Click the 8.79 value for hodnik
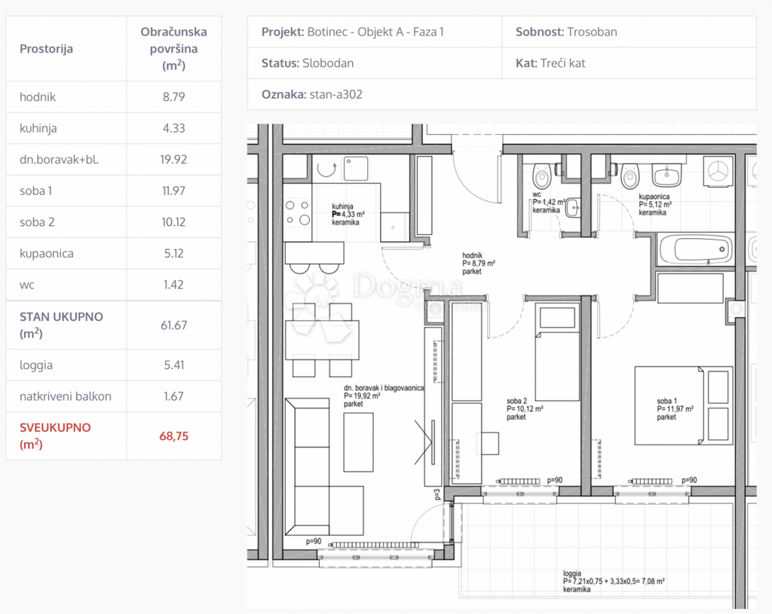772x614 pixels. pos(174,97)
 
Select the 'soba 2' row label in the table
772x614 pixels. pos(37,222)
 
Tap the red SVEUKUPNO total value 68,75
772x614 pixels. pos(174,436)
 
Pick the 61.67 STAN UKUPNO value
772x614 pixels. pos(174,325)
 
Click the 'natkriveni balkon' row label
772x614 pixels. pos(66,396)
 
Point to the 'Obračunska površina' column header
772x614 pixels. pos(174,49)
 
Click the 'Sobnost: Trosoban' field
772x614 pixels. pos(566,32)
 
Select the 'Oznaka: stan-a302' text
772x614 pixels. pos(311,94)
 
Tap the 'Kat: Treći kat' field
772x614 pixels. pos(550,63)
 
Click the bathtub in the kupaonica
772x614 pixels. pos(696,249)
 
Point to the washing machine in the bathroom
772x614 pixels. pos(718,172)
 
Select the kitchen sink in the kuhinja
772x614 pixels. pos(356,169)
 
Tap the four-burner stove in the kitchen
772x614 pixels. pos(298,212)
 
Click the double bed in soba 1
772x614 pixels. pos(682,405)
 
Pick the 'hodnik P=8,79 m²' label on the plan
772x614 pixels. pos(479,263)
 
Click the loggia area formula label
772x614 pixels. pos(614,581)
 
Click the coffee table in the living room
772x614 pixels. pos(358,442)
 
